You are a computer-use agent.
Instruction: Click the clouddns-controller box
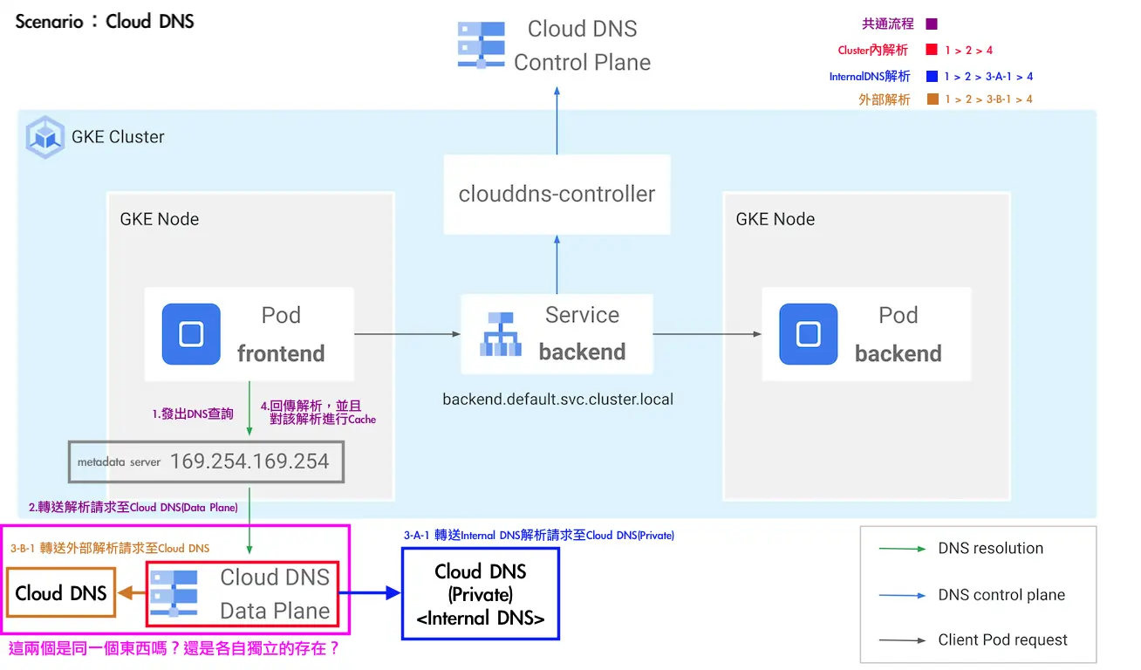pyautogui.click(x=557, y=194)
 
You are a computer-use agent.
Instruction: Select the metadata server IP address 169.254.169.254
pyautogui.click(x=249, y=461)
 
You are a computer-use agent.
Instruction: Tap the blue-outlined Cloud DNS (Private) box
pyautogui.click(x=481, y=594)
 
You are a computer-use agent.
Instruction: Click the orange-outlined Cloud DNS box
pyautogui.click(x=61, y=593)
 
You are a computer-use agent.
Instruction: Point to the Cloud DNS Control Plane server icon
pyautogui.click(x=482, y=44)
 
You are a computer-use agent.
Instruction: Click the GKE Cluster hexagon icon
pyautogui.click(x=45, y=137)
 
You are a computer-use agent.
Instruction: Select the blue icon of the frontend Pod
pyautogui.click(x=191, y=334)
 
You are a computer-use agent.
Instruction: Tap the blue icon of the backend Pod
pyautogui.click(x=808, y=334)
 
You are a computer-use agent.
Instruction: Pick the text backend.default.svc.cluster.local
pyautogui.click(x=557, y=400)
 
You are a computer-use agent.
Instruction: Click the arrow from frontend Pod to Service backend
pyautogui.click(x=407, y=334)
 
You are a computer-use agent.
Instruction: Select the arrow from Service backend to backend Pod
pyautogui.click(x=707, y=334)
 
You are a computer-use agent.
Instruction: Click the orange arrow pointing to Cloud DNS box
pyautogui.click(x=131, y=593)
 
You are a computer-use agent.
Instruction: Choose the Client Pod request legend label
pyautogui.click(x=1002, y=639)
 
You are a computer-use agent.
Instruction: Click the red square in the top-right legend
pyautogui.click(x=932, y=50)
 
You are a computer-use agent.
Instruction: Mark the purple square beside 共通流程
pyautogui.click(x=932, y=24)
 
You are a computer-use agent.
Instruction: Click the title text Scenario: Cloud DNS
pyautogui.click(x=105, y=21)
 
